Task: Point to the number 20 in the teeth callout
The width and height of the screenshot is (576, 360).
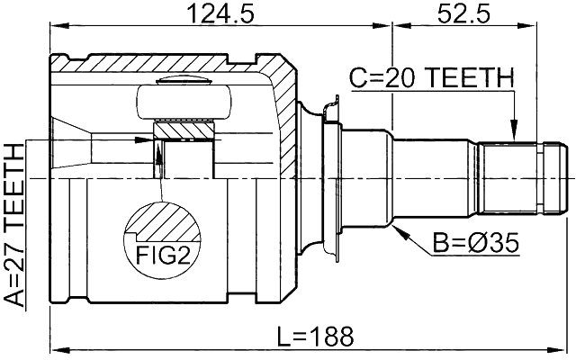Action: pyautogui.click(x=399, y=80)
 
